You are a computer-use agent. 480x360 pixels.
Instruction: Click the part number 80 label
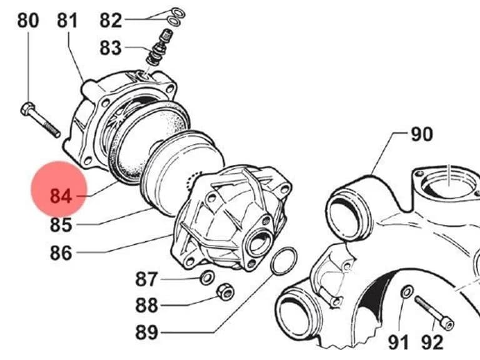[x=28, y=21]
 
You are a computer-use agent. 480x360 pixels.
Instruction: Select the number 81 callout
[x=67, y=21]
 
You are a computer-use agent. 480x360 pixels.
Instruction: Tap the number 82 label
[x=111, y=21]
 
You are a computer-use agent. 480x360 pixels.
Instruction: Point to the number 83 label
[x=111, y=48]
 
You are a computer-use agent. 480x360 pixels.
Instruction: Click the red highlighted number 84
[x=61, y=196]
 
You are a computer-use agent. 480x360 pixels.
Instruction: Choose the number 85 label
[x=61, y=224]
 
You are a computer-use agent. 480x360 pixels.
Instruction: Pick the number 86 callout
[x=61, y=253]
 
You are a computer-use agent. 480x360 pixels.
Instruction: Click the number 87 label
[x=147, y=279]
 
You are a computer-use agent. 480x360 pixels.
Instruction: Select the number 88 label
[x=147, y=305]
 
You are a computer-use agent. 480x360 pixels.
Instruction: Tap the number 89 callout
[x=147, y=332]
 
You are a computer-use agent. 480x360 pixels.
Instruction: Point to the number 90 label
[x=421, y=134]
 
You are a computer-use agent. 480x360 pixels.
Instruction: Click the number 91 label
[x=398, y=342]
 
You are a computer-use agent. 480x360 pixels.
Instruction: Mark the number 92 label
[x=432, y=342]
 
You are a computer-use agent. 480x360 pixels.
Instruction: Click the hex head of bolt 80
[x=27, y=109]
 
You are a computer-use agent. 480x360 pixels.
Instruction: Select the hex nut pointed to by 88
[x=225, y=292]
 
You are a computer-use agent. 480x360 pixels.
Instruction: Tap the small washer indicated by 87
[x=207, y=277]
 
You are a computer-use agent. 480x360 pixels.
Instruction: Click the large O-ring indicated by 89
[x=284, y=261]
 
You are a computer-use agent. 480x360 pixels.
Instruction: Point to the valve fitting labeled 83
[x=159, y=47]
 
